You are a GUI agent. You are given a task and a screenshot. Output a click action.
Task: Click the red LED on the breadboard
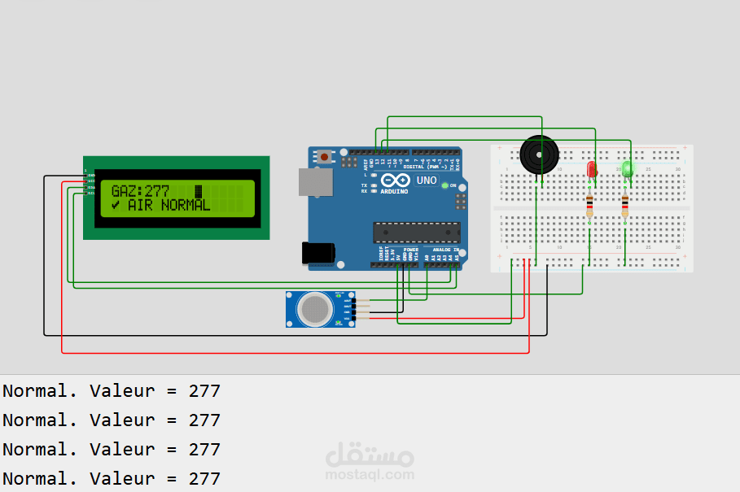(x=592, y=169)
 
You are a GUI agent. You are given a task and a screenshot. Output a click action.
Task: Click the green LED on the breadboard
(x=627, y=168)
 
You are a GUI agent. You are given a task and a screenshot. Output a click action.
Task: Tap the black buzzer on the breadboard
(x=540, y=155)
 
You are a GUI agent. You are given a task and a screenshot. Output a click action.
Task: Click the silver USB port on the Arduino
(x=314, y=182)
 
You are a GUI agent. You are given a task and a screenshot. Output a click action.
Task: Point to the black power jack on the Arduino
(x=317, y=253)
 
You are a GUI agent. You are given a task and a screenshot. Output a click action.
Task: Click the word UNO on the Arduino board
(x=427, y=181)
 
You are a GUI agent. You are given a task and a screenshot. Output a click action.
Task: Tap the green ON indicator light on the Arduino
(x=444, y=185)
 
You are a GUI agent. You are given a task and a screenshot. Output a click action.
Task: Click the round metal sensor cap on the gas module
(x=315, y=309)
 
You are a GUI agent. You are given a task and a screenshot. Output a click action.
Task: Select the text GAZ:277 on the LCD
(x=140, y=191)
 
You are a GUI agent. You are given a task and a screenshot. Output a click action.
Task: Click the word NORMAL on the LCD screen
(x=186, y=206)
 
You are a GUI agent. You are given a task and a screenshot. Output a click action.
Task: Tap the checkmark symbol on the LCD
(x=116, y=206)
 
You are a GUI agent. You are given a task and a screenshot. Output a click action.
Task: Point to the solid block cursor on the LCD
(x=198, y=191)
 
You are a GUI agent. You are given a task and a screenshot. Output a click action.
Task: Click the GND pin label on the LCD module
(x=91, y=176)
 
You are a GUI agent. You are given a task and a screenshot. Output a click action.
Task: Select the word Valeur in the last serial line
(x=122, y=479)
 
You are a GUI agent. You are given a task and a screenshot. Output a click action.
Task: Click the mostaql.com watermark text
(x=370, y=475)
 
